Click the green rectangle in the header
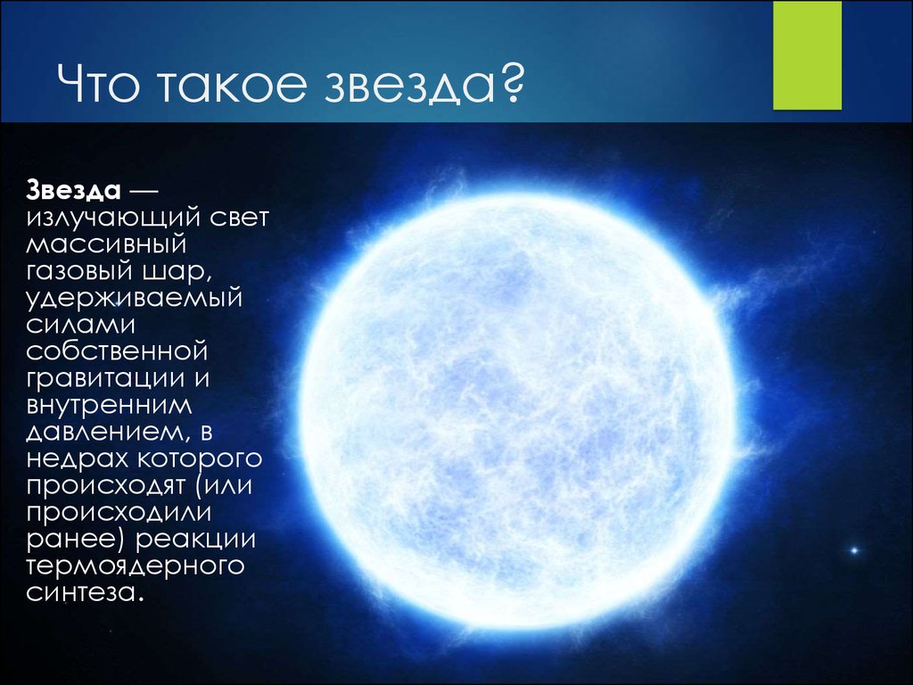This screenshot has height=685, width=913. pos(807,54)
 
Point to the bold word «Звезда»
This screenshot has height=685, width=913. pos(73,191)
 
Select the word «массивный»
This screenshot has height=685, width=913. pos(106,244)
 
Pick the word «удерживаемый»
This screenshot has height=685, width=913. pos(134,299)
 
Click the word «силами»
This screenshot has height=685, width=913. pos(80,325)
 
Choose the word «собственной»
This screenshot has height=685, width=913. pos(117,351)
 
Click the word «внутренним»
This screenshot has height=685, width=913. pos(109,405)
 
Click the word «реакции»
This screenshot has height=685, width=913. pos(195,539)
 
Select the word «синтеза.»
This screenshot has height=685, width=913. pos(85,592)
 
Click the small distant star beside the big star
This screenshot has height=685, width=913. pos(855,549)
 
